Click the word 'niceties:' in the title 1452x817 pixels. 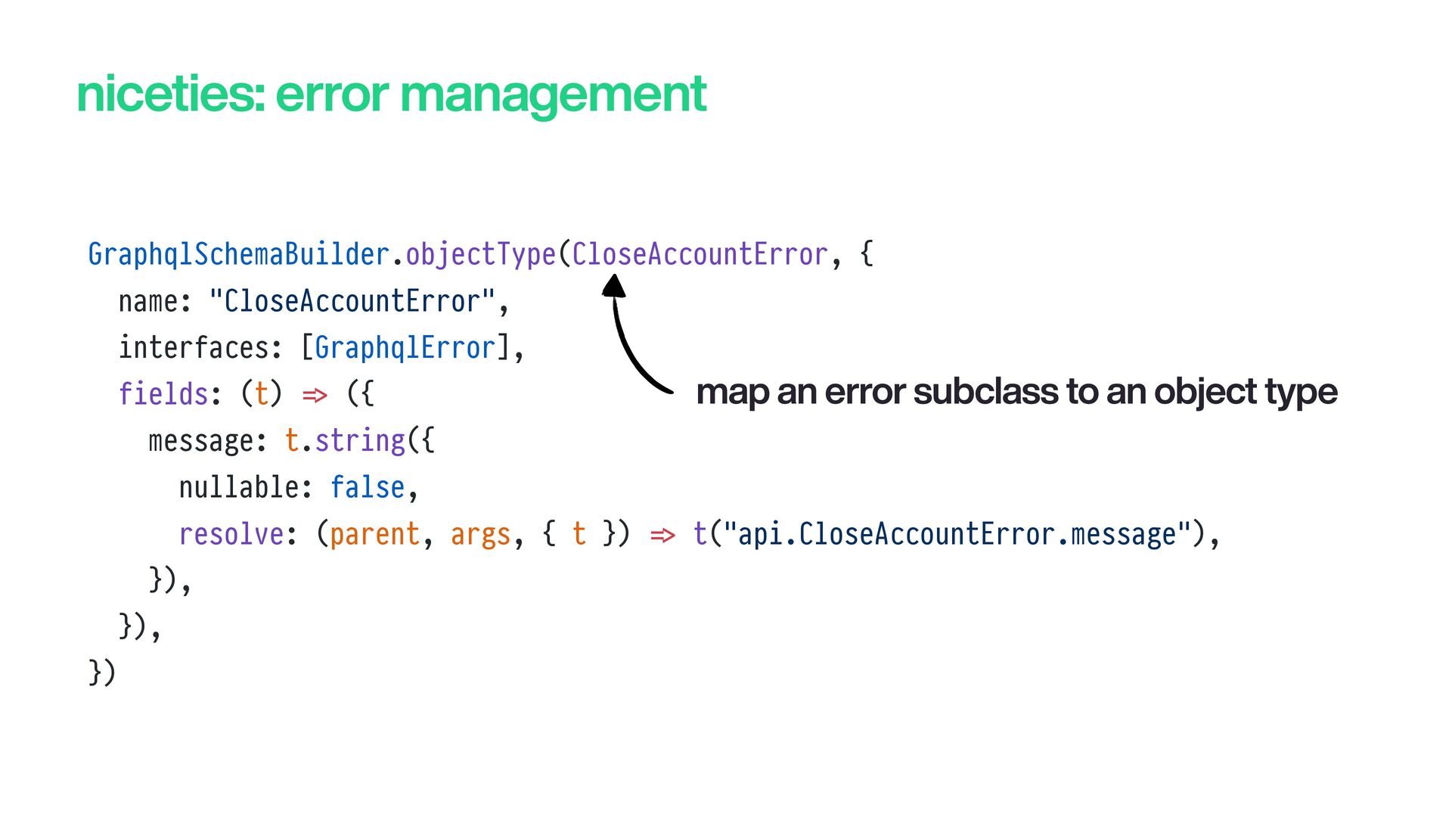(x=170, y=95)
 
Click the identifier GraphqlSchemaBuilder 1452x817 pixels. (x=239, y=254)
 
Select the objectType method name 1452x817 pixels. (x=481, y=255)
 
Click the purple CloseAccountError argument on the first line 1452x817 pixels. (x=700, y=254)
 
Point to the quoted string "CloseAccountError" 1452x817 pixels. (x=352, y=301)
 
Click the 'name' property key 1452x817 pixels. (x=148, y=302)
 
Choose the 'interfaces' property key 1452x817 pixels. (x=194, y=348)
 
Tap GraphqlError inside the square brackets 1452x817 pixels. (x=405, y=348)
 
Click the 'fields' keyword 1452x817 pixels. (x=163, y=394)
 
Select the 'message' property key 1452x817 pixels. (x=200, y=441)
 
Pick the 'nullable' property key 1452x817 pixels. (x=238, y=487)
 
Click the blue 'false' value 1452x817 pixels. (x=368, y=487)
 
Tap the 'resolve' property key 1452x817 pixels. (x=231, y=534)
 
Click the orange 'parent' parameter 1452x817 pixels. (x=374, y=535)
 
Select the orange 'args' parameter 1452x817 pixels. (x=480, y=535)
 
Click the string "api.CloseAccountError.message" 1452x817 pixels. (x=957, y=534)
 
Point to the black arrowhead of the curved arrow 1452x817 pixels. (x=613, y=285)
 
